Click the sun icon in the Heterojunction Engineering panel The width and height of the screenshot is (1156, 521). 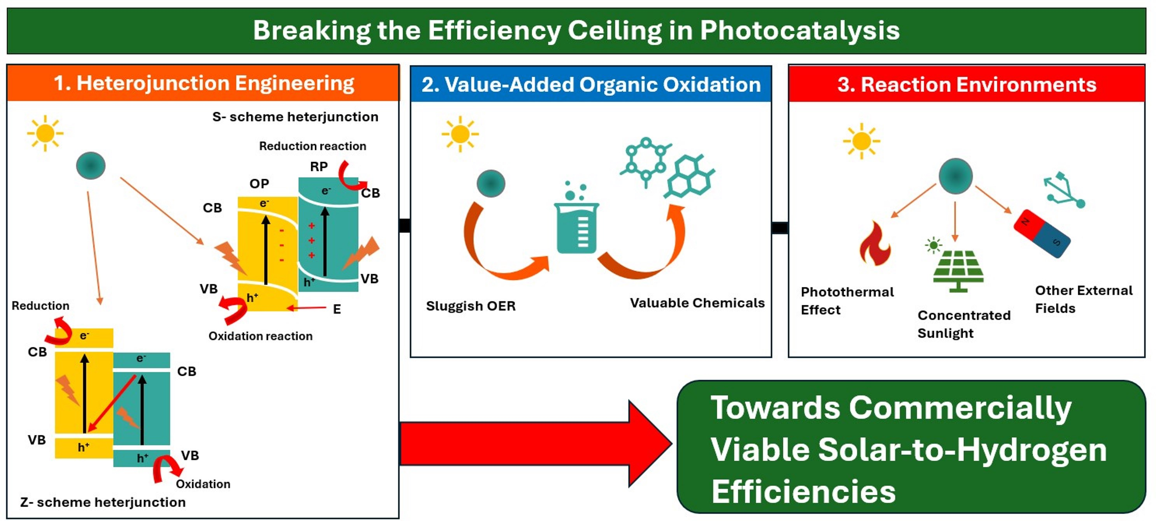[x=45, y=134]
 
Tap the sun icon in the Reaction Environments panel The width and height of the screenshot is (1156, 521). [x=861, y=141]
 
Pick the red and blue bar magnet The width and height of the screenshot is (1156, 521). [x=1042, y=234]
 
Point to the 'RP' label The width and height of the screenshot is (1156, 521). [x=319, y=167]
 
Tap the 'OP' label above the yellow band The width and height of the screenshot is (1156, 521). [x=259, y=184]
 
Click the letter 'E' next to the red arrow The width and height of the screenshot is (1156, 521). [x=336, y=309]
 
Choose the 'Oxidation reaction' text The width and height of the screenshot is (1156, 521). [x=260, y=336]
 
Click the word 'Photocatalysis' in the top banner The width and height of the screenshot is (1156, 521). [x=799, y=30]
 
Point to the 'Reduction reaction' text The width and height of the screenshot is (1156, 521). [x=312, y=146]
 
